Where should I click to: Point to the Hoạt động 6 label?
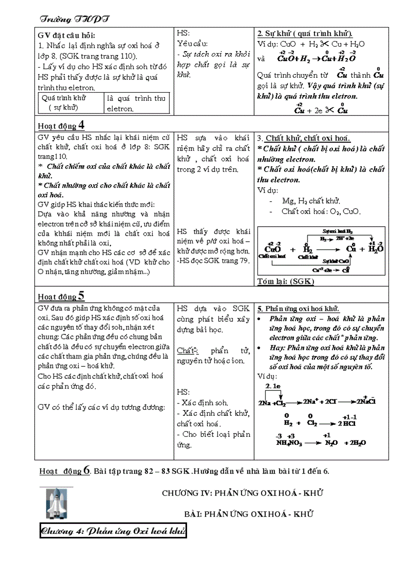pos(65,470)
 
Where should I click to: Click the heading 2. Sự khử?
pos(304,34)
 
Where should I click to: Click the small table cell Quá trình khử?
pos(70,103)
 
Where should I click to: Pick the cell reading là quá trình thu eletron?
pos(136,103)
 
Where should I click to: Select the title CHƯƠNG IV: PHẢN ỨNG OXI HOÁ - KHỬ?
pos(242,493)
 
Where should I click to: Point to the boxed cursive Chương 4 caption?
pos(113,531)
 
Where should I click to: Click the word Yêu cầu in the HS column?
pos(192,44)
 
